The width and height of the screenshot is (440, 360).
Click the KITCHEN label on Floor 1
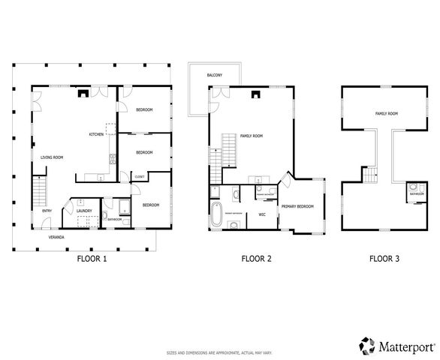click(96, 134)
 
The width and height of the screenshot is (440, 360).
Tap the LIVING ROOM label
click(52, 157)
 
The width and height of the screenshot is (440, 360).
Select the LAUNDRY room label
click(84, 211)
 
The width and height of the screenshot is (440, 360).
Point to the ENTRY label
click(47, 211)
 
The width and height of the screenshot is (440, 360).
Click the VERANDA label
click(56, 237)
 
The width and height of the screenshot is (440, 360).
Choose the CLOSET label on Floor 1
click(139, 176)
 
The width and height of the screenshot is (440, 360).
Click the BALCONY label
click(214, 75)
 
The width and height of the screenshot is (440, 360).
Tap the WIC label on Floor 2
click(262, 214)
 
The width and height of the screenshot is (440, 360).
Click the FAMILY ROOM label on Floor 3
click(386, 113)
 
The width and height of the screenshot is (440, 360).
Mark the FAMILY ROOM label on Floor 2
click(251, 136)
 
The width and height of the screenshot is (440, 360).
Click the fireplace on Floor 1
click(84, 94)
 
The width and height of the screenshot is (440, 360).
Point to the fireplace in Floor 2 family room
click(257, 94)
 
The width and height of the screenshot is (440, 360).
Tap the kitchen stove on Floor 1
click(113, 158)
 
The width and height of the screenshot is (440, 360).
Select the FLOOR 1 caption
click(92, 259)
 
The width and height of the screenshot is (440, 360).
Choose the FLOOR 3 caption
click(384, 259)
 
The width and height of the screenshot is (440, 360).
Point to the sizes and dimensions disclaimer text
click(219, 352)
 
